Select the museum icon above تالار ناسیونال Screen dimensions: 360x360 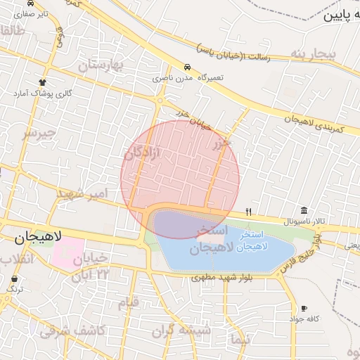303,210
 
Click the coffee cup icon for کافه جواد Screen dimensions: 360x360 304,308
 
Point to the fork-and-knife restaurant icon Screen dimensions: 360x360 248,212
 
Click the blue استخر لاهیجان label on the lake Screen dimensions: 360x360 260,241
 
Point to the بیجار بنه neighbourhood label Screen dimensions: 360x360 310,54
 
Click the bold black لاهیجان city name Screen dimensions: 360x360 39,237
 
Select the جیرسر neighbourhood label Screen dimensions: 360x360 39,133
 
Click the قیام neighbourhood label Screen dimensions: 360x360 129,303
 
